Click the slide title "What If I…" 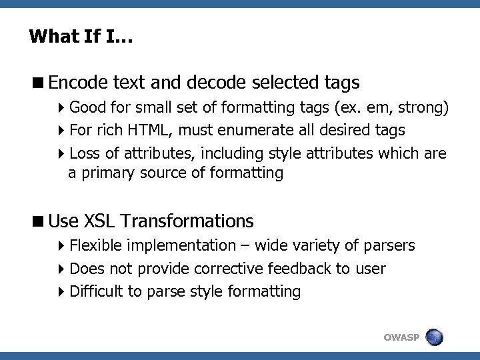click(x=81, y=36)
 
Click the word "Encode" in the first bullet click(x=78, y=83)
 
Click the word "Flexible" click(x=96, y=246)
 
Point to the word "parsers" click(x=389, y=246)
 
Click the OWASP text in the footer click(x=401, y=337)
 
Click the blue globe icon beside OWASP click(x=434, y=337)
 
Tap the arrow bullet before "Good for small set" click(x=62, y=107)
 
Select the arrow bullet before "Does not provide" click(x=62, y=269)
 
